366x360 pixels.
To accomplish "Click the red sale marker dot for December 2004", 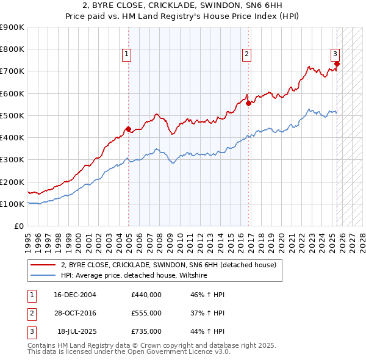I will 129,129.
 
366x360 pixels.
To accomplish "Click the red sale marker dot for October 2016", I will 248,103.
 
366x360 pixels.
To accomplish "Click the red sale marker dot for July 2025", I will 337,63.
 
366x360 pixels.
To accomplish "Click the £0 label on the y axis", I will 18,226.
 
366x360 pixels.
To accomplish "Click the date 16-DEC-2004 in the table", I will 75,295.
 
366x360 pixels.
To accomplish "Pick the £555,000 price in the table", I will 146,313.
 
